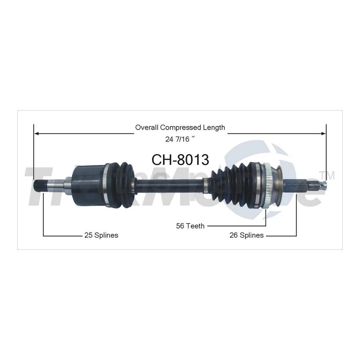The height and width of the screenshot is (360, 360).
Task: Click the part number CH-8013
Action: (x=180, y=159)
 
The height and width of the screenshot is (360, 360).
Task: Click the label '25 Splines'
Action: (x=100, y=235)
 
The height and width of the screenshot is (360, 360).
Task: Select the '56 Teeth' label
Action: (x=190, y=226)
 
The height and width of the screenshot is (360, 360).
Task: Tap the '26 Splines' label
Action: (x=246, y=235)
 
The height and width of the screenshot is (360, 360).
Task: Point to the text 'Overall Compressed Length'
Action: (x=180, y=127)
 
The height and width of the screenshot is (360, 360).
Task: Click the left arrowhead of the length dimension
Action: (x=36, y=133)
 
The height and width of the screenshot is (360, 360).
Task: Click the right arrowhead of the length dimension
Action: (x=324, y=133)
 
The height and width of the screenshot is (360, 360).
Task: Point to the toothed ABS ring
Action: (x=265, y=184)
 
